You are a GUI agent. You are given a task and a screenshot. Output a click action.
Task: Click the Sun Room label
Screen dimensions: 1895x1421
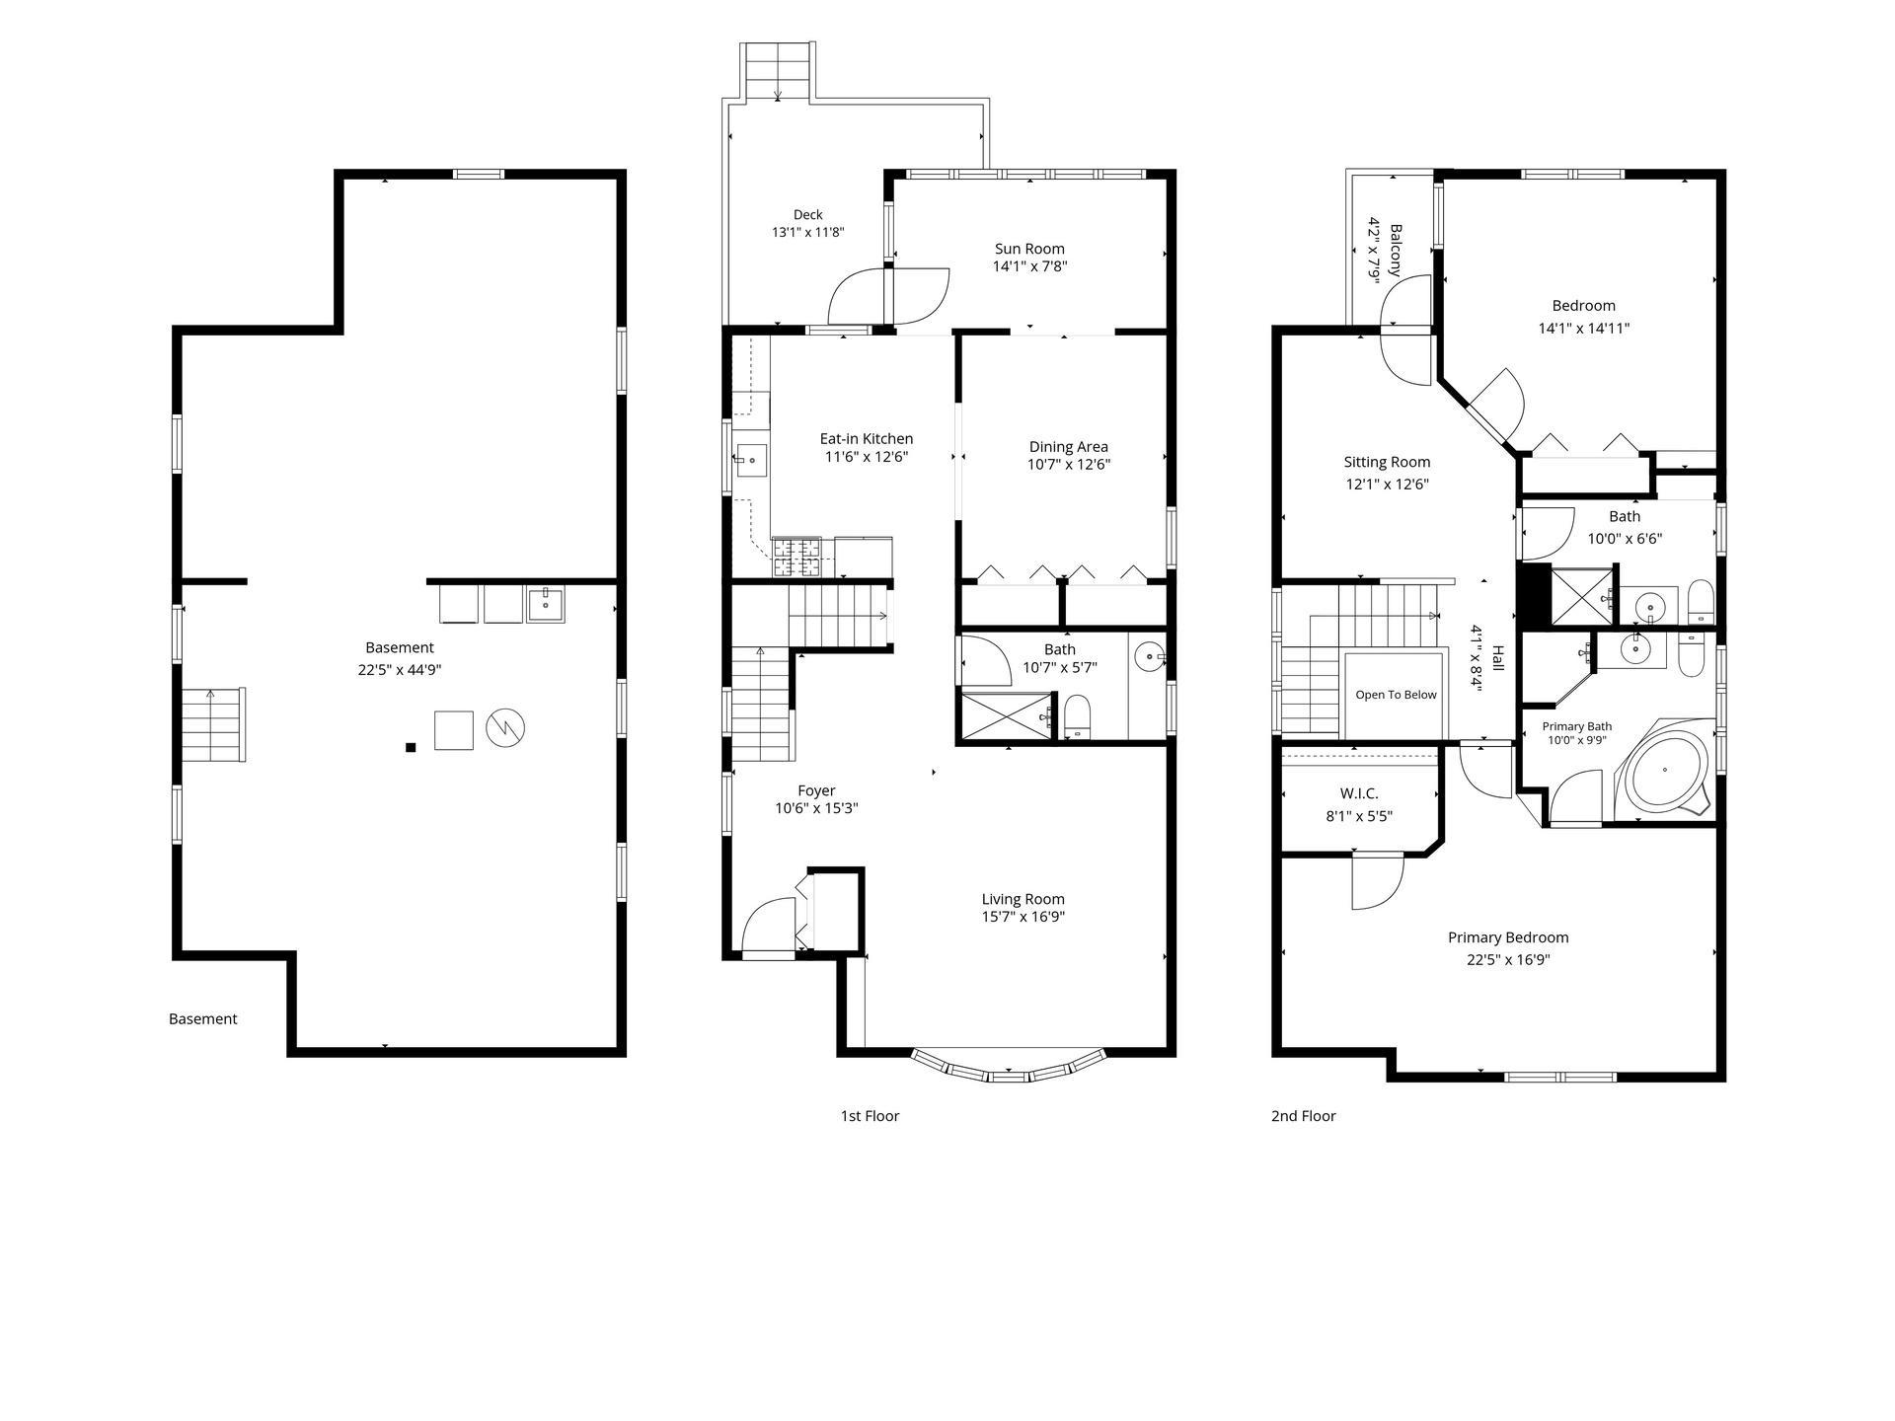click(1029, 249)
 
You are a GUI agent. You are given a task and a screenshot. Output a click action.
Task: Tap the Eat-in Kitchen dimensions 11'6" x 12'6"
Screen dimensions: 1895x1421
click(866, 457)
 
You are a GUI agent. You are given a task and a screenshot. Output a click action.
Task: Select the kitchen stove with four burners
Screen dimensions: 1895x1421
click(796, 557)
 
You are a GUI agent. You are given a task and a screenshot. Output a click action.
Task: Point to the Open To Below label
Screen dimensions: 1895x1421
click(1396, 695)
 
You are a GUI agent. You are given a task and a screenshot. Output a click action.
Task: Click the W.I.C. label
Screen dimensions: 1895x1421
click(1359, 793)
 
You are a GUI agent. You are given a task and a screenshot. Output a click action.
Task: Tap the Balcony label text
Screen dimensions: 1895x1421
click(1396, 250)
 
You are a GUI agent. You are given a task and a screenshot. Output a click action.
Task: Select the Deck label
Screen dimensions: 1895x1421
click(808, 214)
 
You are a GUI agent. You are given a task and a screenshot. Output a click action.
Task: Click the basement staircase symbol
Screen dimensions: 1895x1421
click(213, 724)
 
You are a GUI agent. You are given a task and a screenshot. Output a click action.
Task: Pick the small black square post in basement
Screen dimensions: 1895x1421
click(411, 748)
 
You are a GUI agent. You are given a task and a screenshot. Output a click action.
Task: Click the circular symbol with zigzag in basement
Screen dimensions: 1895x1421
click(505, 728)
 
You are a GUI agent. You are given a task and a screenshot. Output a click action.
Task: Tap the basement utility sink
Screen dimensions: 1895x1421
click(546, 603)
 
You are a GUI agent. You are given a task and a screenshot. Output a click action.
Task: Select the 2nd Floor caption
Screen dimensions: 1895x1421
click(1303, 1116)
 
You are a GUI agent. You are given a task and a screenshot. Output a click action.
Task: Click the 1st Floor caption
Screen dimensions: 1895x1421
click(870, 1116)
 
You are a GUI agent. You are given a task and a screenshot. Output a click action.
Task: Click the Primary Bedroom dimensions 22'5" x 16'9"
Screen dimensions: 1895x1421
click(1508, 960)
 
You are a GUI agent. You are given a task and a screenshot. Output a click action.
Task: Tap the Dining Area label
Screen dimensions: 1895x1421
click(1069, 447)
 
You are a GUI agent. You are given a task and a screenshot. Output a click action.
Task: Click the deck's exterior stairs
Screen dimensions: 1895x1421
click(778, 71)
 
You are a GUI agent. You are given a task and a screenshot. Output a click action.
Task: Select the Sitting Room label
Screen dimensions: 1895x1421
click(1387, 462)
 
